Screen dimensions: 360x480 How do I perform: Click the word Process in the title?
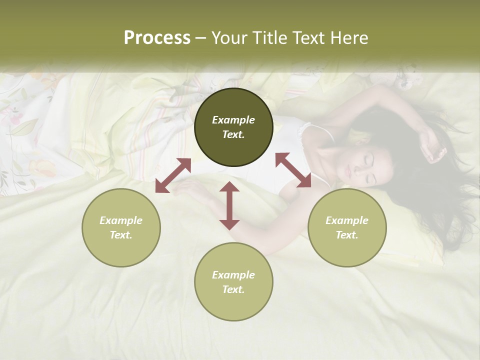click(157, 38)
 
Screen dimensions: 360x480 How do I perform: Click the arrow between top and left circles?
click(173, 175)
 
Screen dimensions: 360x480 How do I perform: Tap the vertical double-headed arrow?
click(229, 205)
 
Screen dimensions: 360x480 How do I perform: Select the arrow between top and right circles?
click(293, 170)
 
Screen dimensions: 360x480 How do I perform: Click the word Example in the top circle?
click(233, 120)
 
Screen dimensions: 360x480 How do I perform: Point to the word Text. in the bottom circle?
click(233, 289)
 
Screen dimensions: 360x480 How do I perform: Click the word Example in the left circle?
click(121, 220)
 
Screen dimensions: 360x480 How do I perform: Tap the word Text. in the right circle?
click(347, 235)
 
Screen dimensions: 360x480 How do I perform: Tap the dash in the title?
click(201, 38)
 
